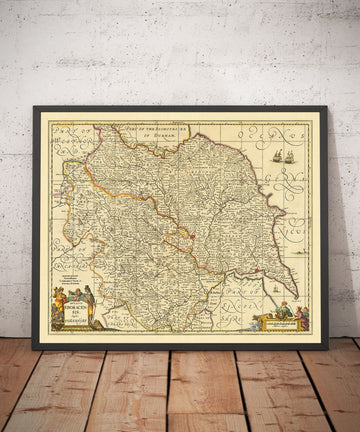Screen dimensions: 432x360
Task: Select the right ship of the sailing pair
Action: (290, 156)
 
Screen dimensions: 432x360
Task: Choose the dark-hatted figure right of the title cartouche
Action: (90, 299)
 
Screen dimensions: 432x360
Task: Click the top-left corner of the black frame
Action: (33, 107)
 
